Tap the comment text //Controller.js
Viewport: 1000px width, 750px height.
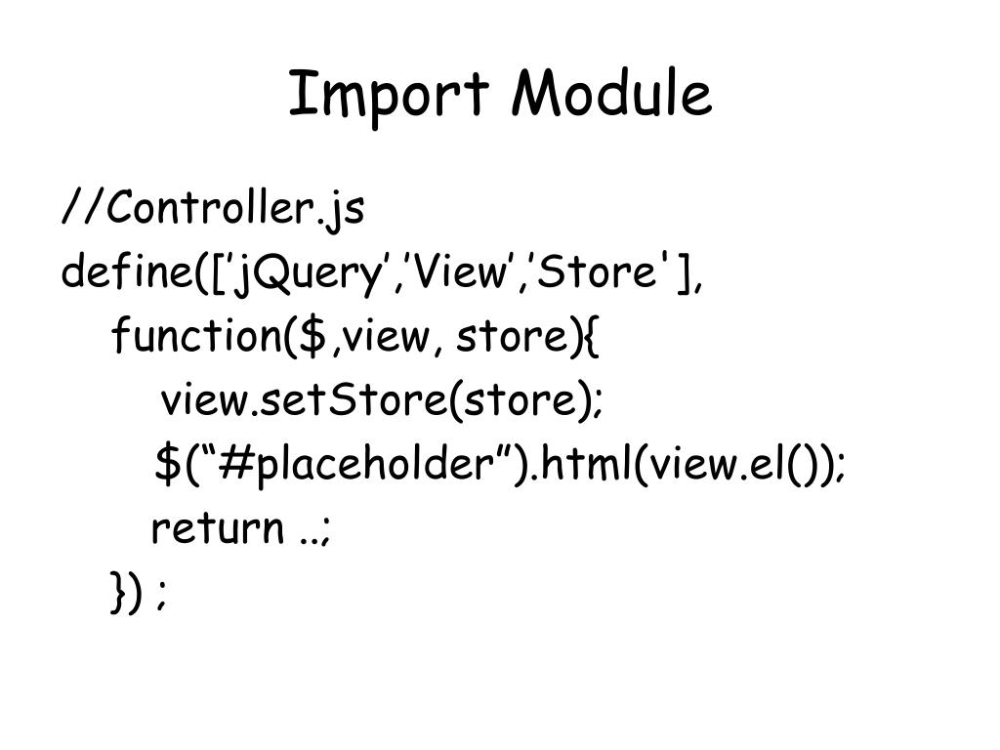[x=213, y=208]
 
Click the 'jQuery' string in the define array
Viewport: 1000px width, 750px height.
[x=307, y=274]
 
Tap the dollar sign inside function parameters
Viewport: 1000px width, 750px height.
[x=312, y=337]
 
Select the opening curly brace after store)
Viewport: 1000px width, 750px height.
[x=595, y=338]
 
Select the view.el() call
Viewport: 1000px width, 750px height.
[x=738, y=464]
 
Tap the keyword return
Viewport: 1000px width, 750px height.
[x=216, y=528]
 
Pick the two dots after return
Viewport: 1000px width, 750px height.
[x=309, y=538]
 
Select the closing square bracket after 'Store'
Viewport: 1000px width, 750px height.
[x=684, y=273]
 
